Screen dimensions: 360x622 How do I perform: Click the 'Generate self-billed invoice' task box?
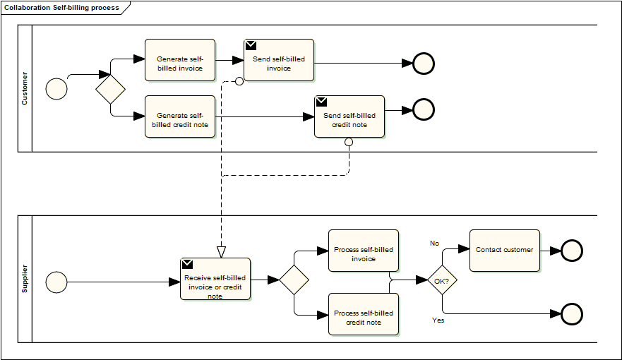tap(179, 60)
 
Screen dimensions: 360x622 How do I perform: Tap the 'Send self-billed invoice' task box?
tap(279, 60)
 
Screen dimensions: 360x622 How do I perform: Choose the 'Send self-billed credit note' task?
tap(349, 116)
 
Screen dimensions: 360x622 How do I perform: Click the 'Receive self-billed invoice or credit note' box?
tap(215, 280)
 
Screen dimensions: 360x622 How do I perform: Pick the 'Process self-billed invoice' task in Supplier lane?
tap(364, 251)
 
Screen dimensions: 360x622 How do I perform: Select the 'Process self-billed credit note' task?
tap(364, 314)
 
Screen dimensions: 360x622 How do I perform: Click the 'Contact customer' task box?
tap(504, 251)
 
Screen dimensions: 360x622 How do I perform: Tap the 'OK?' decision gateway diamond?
tap(443, 280)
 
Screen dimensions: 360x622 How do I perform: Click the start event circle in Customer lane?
tap(56, 88)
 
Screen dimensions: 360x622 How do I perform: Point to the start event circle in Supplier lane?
tap(56, 282)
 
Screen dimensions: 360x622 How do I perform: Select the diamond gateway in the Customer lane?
tap(110, 89)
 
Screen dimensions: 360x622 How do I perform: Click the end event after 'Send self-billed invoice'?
tap(424, 64)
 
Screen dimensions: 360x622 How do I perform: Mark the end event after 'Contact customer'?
tap(571, 251)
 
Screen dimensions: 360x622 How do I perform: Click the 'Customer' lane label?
tap(25, 88)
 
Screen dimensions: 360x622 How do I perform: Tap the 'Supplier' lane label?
tap(25, 279)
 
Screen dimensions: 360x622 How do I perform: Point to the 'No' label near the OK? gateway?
tap(435, 243)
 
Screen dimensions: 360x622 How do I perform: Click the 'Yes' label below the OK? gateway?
tap(438, 320)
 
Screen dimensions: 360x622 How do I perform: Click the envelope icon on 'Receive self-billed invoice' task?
tap(187, 264)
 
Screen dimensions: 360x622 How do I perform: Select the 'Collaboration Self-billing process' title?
tap(61, 8)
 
